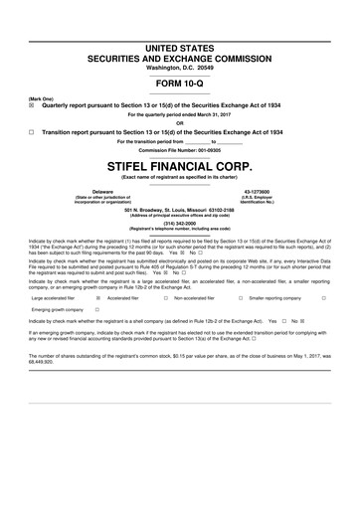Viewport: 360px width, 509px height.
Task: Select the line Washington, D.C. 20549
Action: point(179,66)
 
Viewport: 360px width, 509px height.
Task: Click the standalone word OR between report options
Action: point(179,123)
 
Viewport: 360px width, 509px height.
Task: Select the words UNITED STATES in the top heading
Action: point(179,48)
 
